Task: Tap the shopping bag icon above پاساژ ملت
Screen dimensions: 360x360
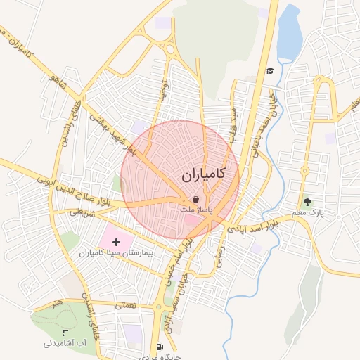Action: click(195, 200)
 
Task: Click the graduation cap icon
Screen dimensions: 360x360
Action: click(270, 70)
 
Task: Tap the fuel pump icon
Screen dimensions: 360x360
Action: click(161, 346)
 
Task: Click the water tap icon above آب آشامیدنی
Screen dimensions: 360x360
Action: click(66, 333)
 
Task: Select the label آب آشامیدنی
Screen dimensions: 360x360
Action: click(65, 343)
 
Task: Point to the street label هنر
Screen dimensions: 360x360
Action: click(57, 302)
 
